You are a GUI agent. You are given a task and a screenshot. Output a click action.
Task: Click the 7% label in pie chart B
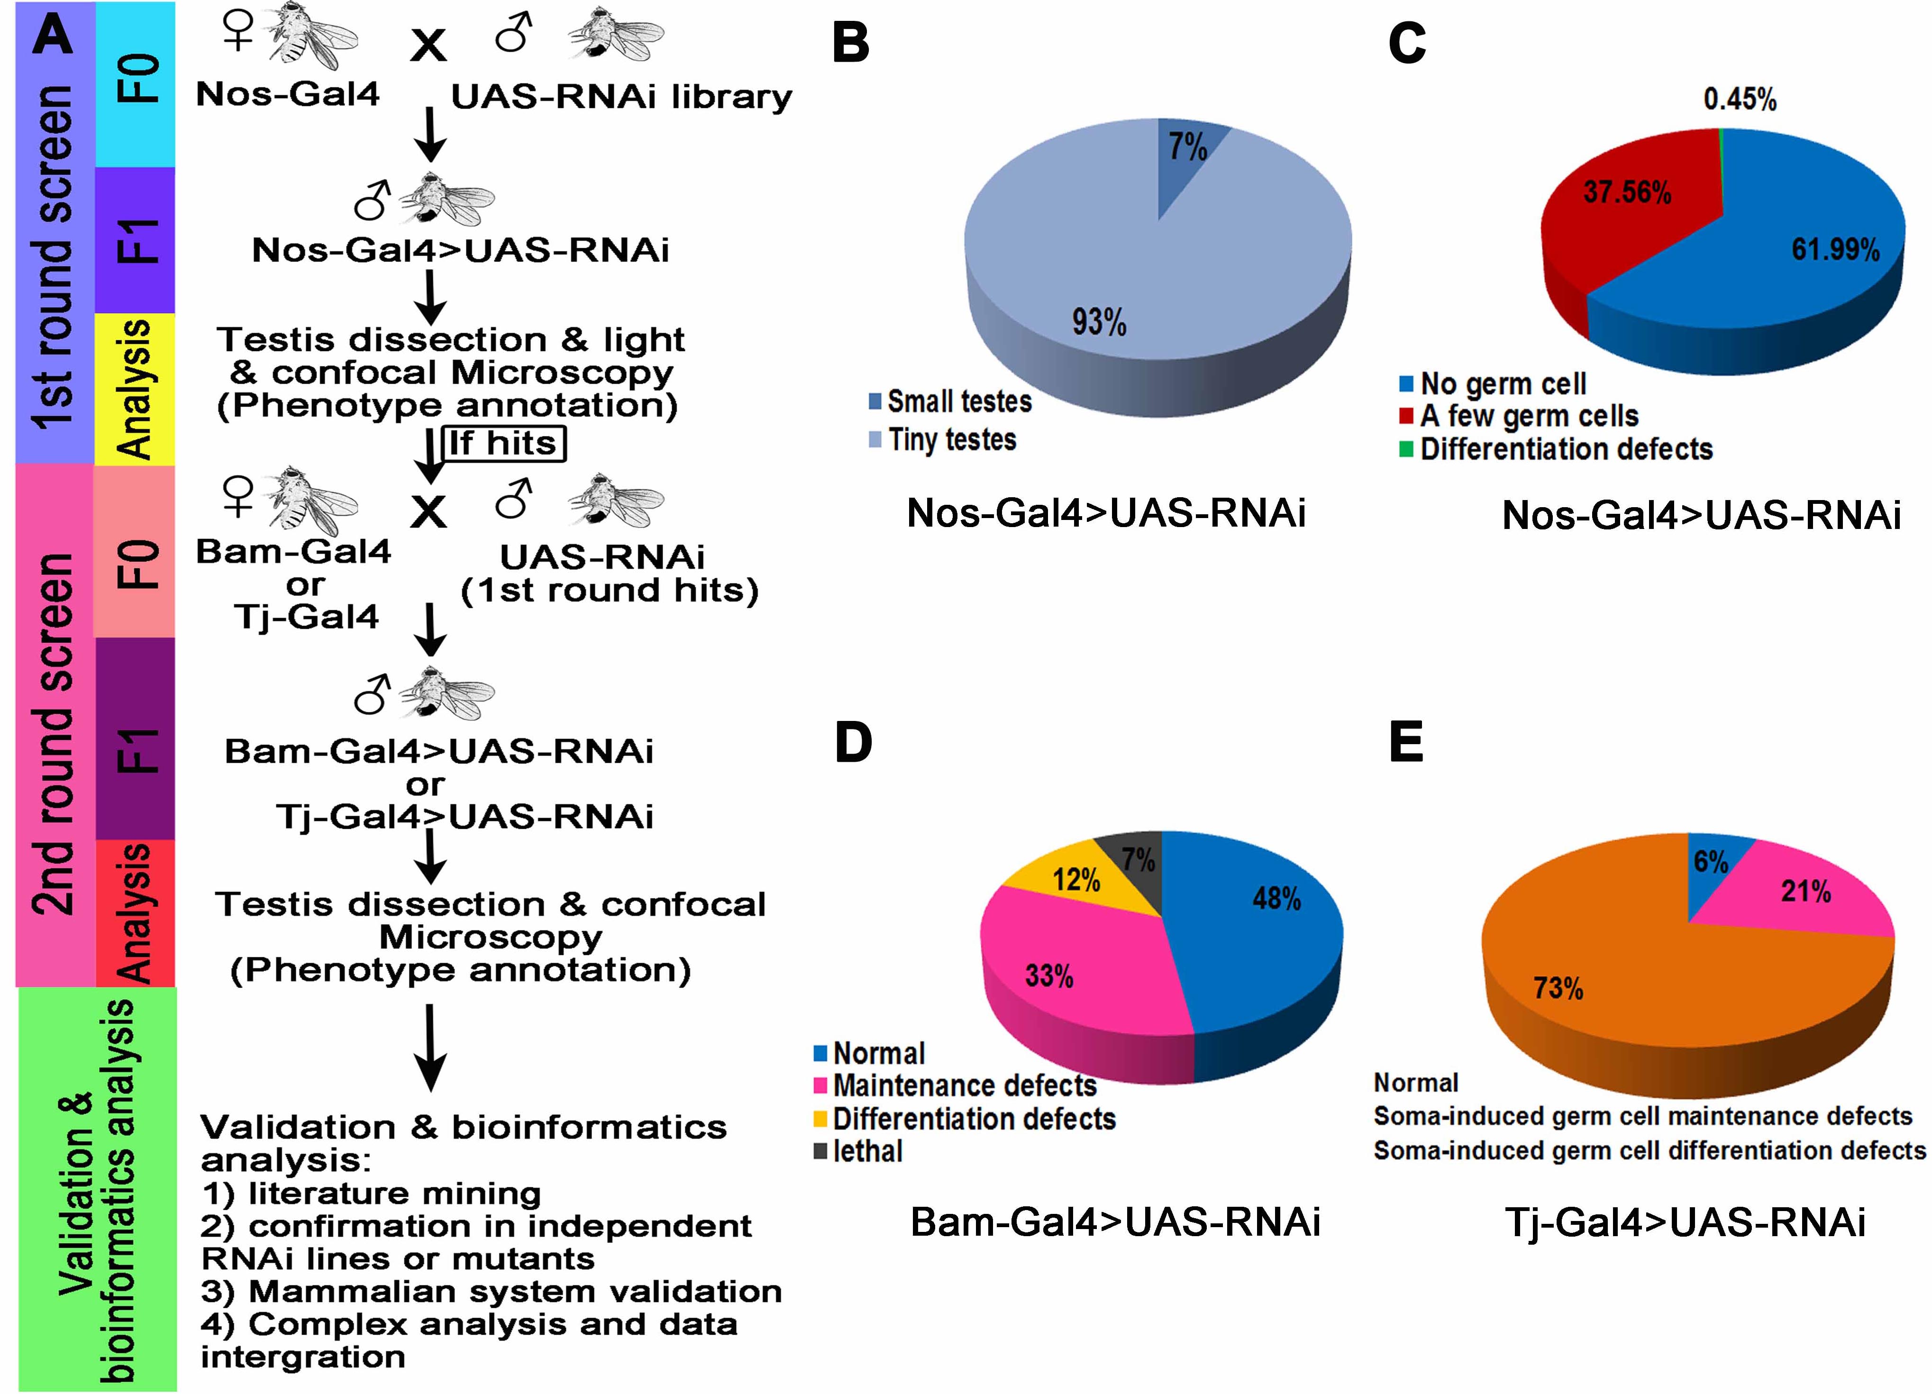pos(1186,146)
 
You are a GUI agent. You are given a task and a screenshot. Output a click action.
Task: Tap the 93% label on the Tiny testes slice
pos(1099,322)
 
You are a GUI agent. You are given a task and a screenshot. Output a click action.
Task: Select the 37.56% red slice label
pos(1627,191)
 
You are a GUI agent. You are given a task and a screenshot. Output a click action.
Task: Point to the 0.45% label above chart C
pos(1740,100)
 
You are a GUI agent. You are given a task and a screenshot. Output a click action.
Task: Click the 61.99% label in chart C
pos(1836,250)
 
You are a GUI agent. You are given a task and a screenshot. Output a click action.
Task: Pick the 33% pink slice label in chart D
pos(1048,975)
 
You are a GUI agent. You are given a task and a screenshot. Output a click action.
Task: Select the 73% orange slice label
pos(1558,988)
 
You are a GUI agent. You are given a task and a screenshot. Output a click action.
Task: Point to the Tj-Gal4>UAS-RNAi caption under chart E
pos(1685,1222)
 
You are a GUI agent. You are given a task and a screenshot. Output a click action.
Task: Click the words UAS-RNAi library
pos(621,97)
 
